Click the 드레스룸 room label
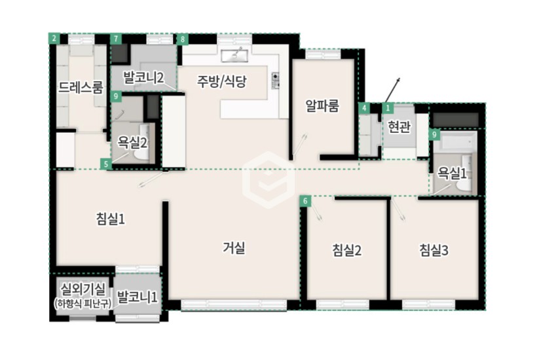(81, 87)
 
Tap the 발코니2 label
(143, 78)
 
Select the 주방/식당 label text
(221, 81)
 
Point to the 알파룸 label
(322, 106)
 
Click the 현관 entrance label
(399, 127)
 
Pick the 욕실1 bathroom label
(452, 174)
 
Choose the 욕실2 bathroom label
(132, 142)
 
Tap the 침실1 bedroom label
(111, 219)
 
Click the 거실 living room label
(234, 248)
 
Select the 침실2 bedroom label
(346, 250)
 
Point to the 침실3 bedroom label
(434, 250)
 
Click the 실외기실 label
(83, 290)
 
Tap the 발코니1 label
(137, 297)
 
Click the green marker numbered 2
(54, 38)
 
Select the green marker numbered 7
(116, 39)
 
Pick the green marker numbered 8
(183, 39)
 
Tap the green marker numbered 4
(364, 109)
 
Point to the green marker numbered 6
(305, 201)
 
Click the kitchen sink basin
(234, 56)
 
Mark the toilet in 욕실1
(465, 184)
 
